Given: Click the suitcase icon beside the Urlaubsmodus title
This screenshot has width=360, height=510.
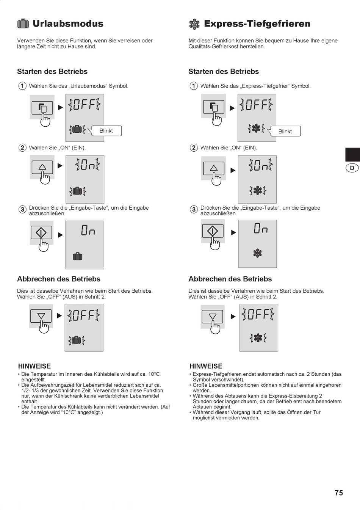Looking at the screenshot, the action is pyautogui.click(x=23, y=24).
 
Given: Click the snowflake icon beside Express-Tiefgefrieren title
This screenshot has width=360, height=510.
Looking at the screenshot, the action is pyautogui.click(x=194, y=24).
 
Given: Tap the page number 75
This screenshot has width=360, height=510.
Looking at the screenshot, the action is pyautogui.click(x=339, y=493).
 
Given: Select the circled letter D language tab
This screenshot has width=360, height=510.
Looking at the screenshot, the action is pyautogui.click(x=352, y=168).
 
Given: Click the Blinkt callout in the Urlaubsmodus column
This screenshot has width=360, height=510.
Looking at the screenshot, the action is pyautogui.click(x=106, y=131).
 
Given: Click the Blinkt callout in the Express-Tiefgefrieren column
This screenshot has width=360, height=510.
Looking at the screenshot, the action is pyautogui.click(x=285, y=131).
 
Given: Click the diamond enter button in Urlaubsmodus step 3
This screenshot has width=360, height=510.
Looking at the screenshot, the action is pyautogui.click(x=41, y=232).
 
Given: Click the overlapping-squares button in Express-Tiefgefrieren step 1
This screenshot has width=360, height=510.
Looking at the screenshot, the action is pyautogui.click(x=214, y=107).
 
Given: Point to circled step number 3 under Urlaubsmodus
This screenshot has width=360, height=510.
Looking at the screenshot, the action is pyautogui.click(x=22, y=209).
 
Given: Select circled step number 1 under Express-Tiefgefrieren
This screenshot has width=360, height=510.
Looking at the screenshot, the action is pyautogui.click(x=194, y=86).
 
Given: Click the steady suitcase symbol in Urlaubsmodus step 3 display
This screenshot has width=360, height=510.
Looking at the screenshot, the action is pyautogui.click(x=77, y=257).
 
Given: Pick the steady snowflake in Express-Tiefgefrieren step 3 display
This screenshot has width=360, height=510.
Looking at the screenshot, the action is pyautogui.click(x=257, y=253).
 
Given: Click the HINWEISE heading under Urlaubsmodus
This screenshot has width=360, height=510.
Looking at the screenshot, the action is pyautogui.click(x=34, y=366).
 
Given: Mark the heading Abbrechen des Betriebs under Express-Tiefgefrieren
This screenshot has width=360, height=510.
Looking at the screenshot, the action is pyautogui.click(x=230, y=279).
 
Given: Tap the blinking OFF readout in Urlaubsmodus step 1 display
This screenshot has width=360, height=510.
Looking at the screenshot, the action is pyautogui.click(x=85, y=105).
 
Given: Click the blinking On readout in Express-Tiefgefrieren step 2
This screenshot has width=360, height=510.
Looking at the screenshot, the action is pyautogui.click(x=260, y=165).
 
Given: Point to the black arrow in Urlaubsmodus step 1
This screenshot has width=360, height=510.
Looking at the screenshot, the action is pyautogui.click(x=60, y=107).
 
